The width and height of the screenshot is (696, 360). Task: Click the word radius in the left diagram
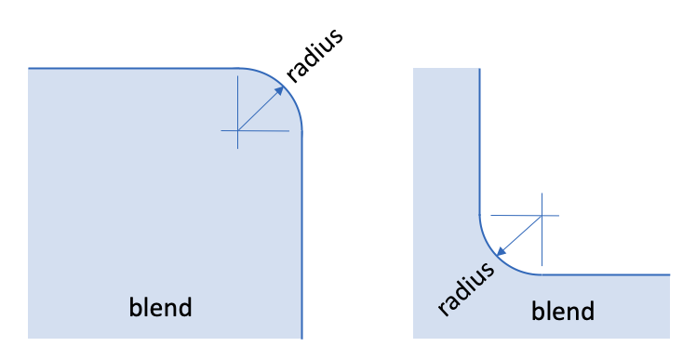[x=315, y=55]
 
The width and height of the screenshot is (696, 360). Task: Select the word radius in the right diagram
[x=465, y=288]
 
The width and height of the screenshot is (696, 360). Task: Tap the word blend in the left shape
[x=160, y=307]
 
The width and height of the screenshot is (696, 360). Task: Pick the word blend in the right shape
[x=563, y=311]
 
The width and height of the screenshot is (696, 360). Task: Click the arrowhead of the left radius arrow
[x=280, y=90]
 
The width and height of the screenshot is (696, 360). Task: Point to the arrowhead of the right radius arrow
[x=501, y=252]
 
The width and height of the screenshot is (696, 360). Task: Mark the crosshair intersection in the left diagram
[x=238, y=130]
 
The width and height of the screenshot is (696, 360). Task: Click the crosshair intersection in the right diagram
[x=542, y=216]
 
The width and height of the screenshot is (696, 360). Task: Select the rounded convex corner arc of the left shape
[x=284, y=87]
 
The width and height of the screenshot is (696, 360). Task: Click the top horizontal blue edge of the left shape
[x=133, y=68]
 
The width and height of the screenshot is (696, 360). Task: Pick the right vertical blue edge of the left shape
[x=301, y=235]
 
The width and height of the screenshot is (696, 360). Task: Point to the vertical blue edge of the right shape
[x=480, y=141]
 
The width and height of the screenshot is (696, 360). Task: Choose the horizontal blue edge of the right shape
[x=606, y=274]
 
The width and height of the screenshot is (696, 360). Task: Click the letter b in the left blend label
[x=135, y=307]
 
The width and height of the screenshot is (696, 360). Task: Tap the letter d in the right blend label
[x=587, y=311]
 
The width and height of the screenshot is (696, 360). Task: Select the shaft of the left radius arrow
[x=259, y=111]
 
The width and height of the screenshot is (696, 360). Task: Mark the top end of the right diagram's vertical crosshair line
[x=542, y=193]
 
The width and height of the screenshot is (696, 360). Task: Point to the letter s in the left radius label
[x=336, y=36]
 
